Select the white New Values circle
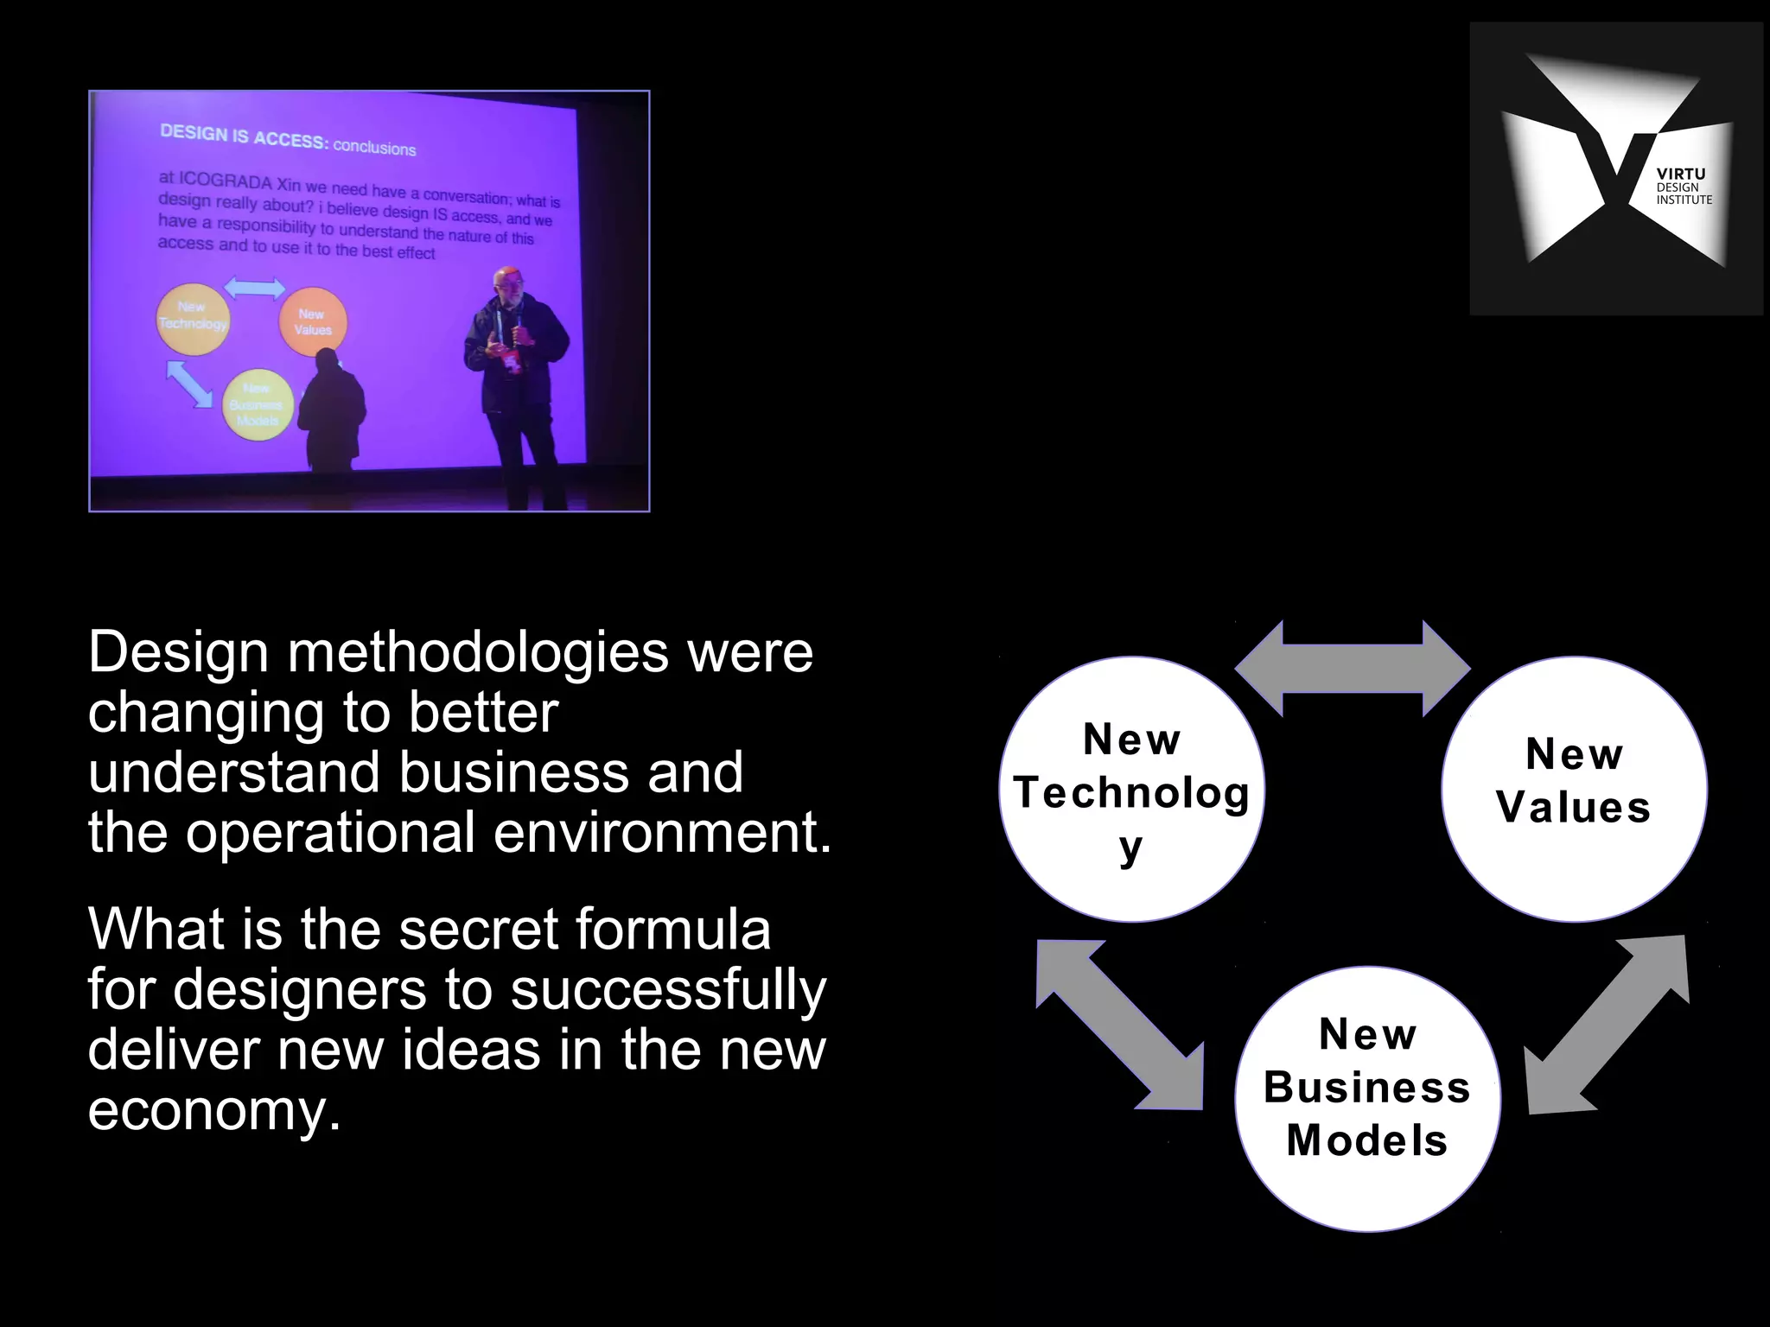[x=1574, y=789]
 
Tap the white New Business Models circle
[x=1367, y=1097]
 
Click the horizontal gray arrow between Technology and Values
[x=1353, y=669]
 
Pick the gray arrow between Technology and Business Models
[x=1120, y=1025]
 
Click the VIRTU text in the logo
[x=1680, y=174]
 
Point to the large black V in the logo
[x=1614, y=160]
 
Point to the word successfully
[x=668, y=991]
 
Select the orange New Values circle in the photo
[x=312, y=322]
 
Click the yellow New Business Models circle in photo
[x=257, y=404]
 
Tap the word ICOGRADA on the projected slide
[x=226, y=182]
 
